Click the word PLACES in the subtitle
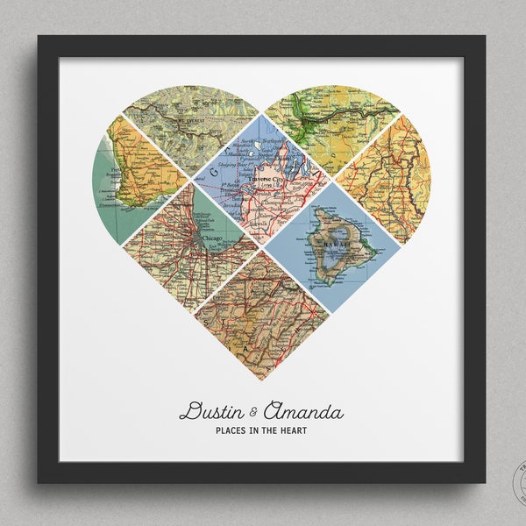(228, 430)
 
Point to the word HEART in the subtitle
(296, 430)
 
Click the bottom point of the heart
(261, 380)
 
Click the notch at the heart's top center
(261, 110)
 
